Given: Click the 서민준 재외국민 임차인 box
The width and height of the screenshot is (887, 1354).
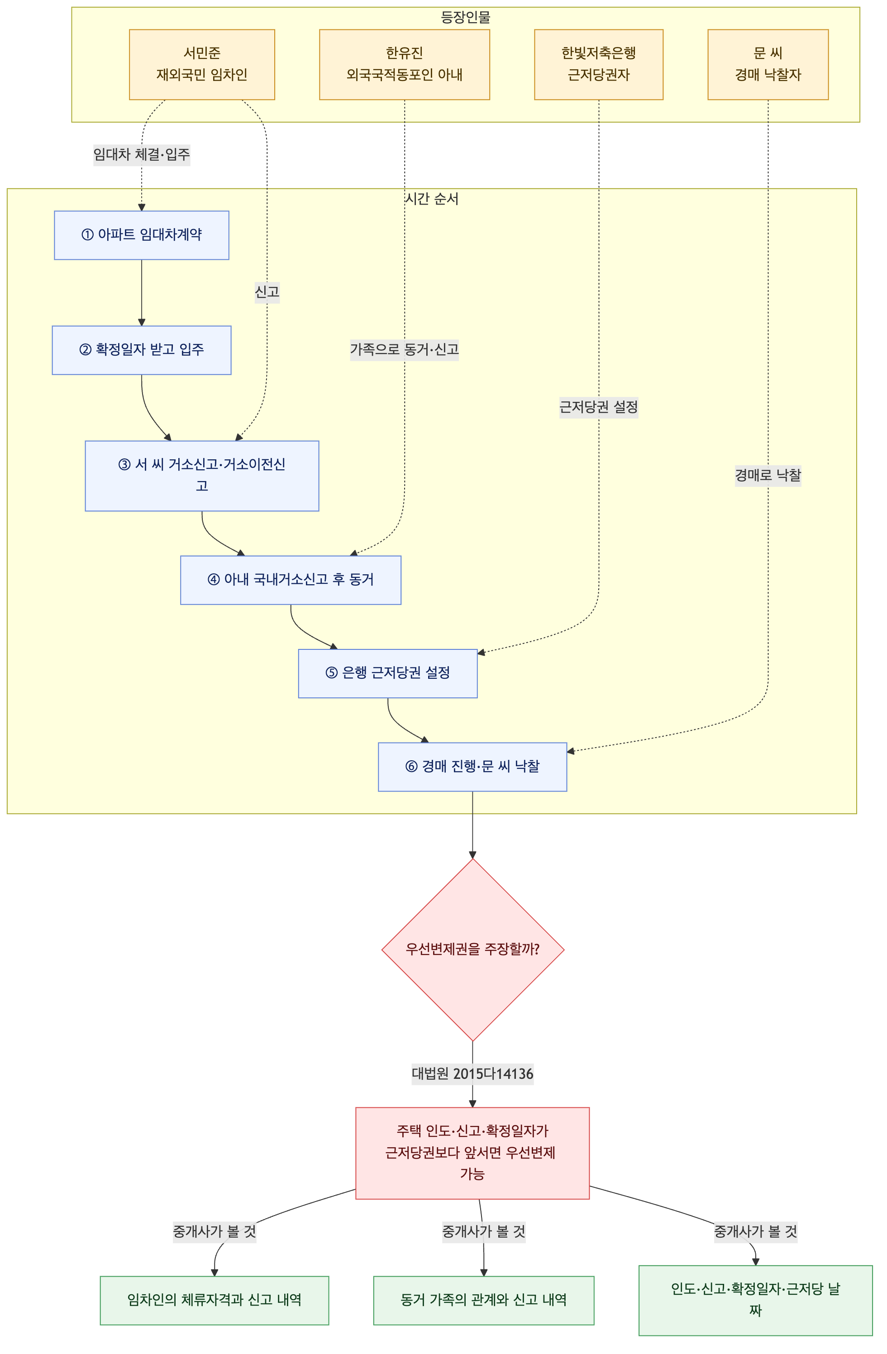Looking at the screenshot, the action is click(202, 64).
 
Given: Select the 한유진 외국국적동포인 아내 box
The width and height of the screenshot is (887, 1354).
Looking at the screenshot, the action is click(405, 64).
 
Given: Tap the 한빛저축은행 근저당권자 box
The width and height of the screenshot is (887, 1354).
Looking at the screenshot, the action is click(599, 64).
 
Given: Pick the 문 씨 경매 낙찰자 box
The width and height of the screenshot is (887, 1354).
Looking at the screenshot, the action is click(768, 64).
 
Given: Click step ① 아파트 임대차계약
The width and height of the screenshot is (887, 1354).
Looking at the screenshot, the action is click(142, 235).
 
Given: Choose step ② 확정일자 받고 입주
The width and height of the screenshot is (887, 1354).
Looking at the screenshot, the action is click(142, 350).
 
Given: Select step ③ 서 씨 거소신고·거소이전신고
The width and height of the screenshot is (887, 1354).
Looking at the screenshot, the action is click(202, 476).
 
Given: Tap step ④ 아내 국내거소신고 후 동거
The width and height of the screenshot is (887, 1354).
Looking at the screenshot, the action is click(291, 580).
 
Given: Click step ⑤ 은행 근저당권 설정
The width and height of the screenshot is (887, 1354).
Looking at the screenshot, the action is click(388, 673).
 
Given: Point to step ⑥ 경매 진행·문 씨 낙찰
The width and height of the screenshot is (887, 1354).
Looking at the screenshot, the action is click(472, 766).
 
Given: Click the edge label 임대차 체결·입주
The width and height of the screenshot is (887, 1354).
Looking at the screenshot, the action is click(142, 155).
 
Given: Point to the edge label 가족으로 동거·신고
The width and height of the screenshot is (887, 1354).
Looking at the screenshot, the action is click(405, 350).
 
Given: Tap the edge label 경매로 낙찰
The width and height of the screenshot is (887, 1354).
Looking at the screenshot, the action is click(768, 475).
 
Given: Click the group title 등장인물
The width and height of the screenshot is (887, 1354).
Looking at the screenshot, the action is click(465, 18).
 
